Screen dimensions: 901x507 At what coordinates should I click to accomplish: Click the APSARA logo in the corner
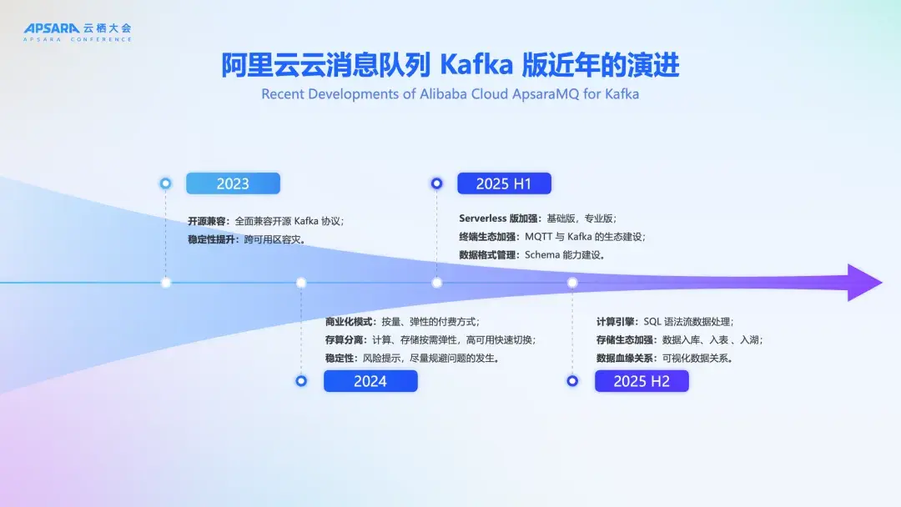click(78, 32)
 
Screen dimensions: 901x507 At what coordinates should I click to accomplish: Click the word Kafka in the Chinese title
click(476, 64)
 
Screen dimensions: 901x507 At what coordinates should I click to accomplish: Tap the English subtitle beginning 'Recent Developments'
click(450, 94)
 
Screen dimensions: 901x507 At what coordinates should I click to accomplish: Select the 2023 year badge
click(233, 183)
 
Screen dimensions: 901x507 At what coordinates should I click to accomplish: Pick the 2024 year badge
click(370, 381)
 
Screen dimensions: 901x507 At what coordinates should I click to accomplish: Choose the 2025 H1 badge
click(504, 183)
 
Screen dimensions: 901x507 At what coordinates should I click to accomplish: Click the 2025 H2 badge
click(642, 381)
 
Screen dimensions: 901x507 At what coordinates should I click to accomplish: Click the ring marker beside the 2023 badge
click(165, 183)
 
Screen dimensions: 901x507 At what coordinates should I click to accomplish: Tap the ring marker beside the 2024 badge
click(301, 381)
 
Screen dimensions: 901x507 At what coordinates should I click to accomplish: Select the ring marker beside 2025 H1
click(436, 183)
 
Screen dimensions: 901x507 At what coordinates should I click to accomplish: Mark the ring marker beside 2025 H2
click(572, 381)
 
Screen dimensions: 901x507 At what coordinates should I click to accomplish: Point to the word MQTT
click(538, 237)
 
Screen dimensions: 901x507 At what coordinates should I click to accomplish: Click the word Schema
click(542, 255)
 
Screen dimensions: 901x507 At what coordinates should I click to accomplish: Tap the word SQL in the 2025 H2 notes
click(652, 322)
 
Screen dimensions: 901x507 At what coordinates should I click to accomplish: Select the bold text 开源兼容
click(206, 221)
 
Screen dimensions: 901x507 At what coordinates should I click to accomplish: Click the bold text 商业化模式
click(348, 322)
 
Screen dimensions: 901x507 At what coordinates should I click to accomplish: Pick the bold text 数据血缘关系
click(624, 359)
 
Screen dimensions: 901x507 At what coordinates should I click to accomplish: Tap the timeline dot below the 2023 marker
click(166, 283)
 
